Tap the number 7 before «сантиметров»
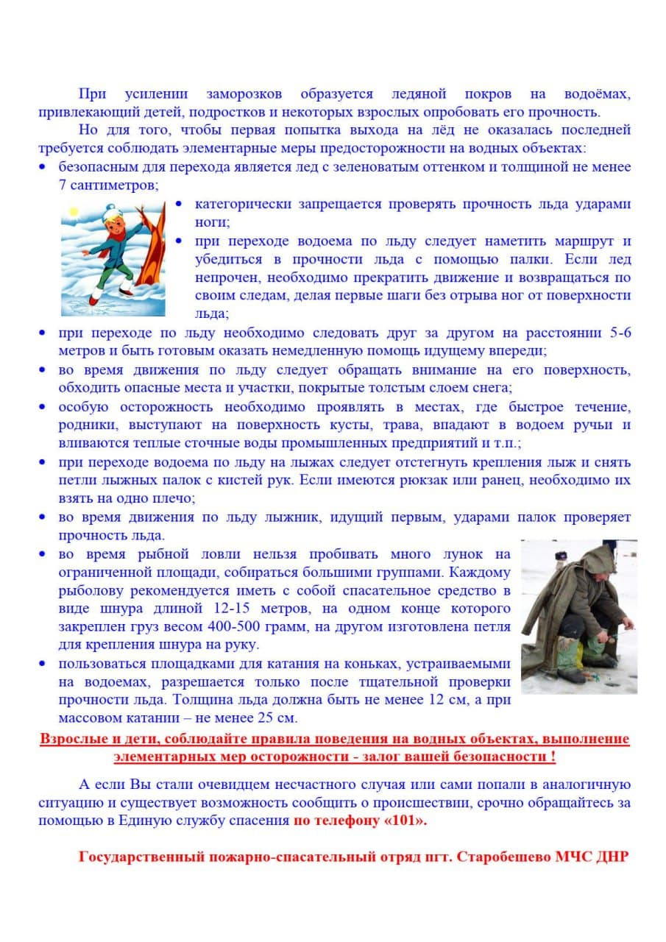click(x=63, y=185)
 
